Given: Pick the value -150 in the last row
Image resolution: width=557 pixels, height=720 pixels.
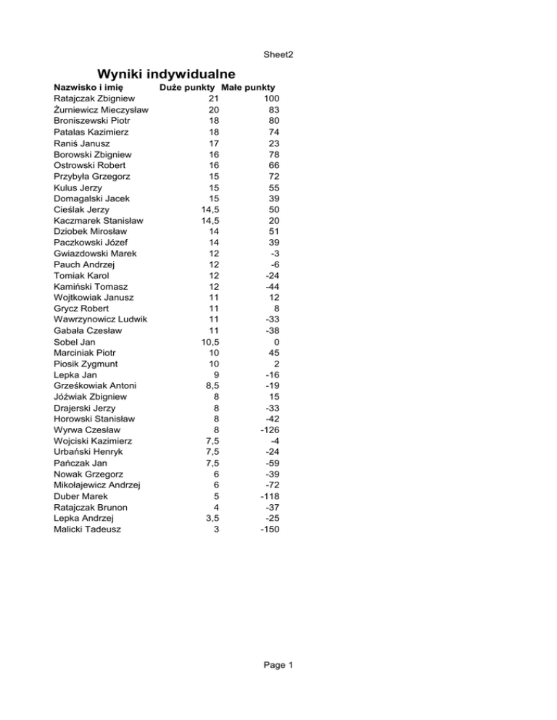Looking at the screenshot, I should [268, 529].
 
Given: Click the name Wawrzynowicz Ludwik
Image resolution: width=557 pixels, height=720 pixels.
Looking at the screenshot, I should [102, 319].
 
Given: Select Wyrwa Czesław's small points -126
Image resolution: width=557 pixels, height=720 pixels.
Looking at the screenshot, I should [268, 430].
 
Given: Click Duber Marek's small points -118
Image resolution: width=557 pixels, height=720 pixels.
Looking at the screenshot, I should [268, 496].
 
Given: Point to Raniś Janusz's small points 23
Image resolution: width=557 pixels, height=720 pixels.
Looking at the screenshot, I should [273, 143].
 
